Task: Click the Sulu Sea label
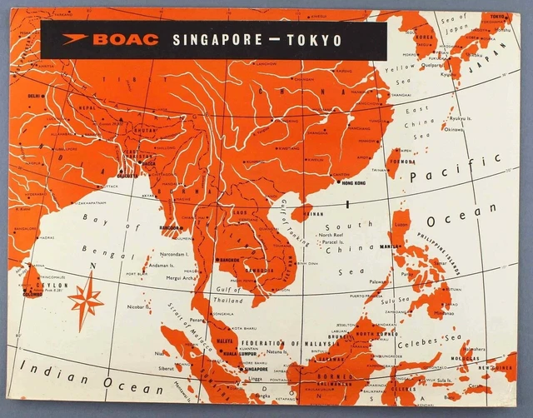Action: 396,301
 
